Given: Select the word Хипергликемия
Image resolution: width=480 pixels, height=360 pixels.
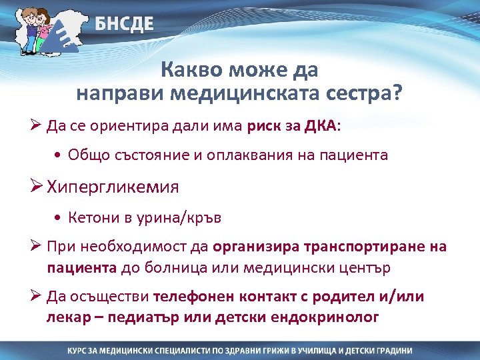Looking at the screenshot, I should point(113,187).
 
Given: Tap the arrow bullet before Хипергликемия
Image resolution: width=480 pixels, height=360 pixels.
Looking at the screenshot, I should point(37,187).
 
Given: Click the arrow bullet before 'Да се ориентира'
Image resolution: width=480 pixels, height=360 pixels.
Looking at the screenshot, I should point(37,125).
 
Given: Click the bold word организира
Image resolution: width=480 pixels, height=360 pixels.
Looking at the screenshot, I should point(255,247).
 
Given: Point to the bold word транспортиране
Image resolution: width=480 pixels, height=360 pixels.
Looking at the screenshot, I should point(365,247).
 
